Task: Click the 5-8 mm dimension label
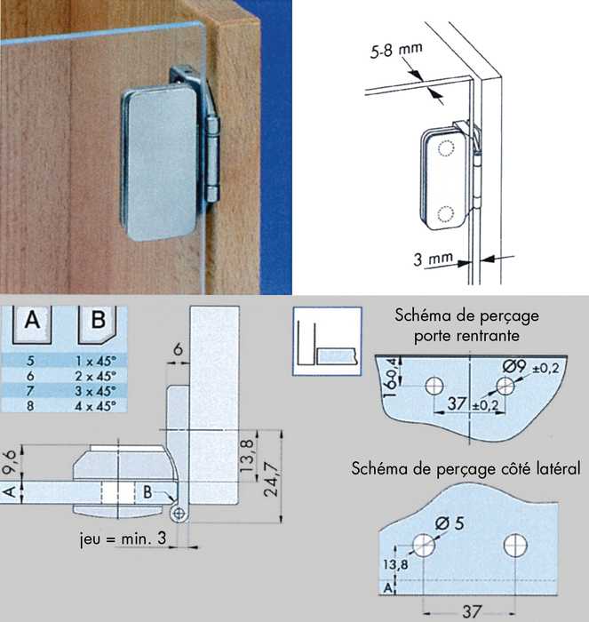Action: pyautogui.click(x=396, y=51)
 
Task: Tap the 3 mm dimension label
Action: pyautogui.click(x=433, y=259)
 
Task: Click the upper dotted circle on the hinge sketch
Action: pyautogui.click(x=445, y=148)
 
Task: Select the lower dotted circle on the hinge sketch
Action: pyautogui.click(x=445, y=214)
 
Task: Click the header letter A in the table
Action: pyautogui.click(x=32, y=320)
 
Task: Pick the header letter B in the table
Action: pyautogui.click(x=98, y=319)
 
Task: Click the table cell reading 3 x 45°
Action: pyautogui.click(x=95, y=391)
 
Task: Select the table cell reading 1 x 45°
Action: pyautogui.click(x=95, y=361)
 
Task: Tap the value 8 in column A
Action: pyautogui.click(x=30, y=406)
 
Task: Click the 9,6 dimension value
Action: pyautogui.click(x=11, y=461)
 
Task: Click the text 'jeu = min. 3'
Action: pyautogui.click(x=123, y=538)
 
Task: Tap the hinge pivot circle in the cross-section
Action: pyautogui.click(x=179, y=514)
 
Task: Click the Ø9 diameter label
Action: pyautogui.click(x=514, y=366)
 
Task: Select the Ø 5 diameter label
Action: pyautogui.click(x=450, y=523)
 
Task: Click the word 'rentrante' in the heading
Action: pyautogui.click(x=488, y=336)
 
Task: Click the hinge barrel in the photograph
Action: pyautogui.click(x=213, y=159)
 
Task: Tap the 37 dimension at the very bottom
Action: pyautogui.click(x=472, y=611)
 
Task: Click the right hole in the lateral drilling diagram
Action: pyautogui.click(x=515, y=545)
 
